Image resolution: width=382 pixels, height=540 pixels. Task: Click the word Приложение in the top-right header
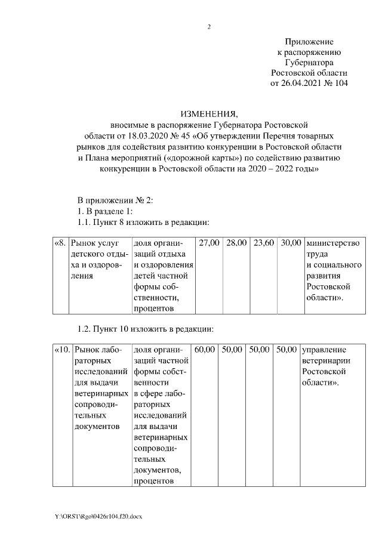tap(309, 42)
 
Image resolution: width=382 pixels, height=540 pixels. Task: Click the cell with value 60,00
tap(204, 349)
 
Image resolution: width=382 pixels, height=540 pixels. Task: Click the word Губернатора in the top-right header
tap(309, 62)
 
